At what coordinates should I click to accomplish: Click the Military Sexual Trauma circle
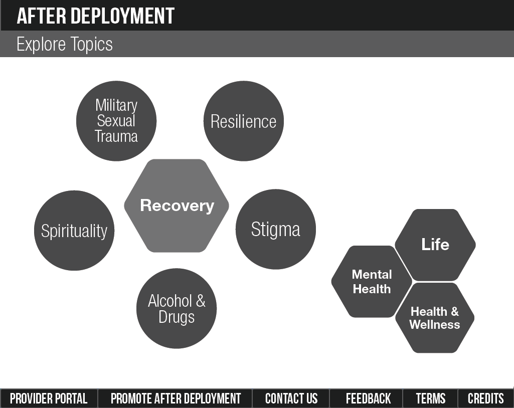click(x=116, y=121)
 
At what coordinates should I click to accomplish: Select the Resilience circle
click(x=243, y=121)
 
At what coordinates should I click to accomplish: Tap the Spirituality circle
click(x=74, y=231)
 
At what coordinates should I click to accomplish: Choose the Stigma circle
click(x=275, y=229)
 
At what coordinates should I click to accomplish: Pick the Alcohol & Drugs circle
click(x=177, y=309)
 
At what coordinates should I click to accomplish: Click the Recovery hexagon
click(x=177, y=206)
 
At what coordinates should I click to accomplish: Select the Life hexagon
click(x=435, y=245)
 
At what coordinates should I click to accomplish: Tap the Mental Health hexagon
click(x=371, y=282)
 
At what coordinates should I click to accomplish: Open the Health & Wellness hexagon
click(x=434, y=318)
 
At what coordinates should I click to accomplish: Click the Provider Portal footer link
click(x=49, y=398)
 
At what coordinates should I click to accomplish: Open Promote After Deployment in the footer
click(x=176, y=398)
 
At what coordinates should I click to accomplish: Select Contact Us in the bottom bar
click(x=291, y=398)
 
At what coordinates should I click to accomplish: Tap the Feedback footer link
click(x=368, y=398)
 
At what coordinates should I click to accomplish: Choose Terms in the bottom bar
click(x=430, y=398)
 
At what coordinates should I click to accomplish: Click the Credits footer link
click(x=485, y=398)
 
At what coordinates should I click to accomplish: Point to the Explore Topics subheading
click(x=65, y=44)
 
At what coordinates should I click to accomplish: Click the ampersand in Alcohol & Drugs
click(x=200, y=301)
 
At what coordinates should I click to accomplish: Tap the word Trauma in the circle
click(x=116, y=136)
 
